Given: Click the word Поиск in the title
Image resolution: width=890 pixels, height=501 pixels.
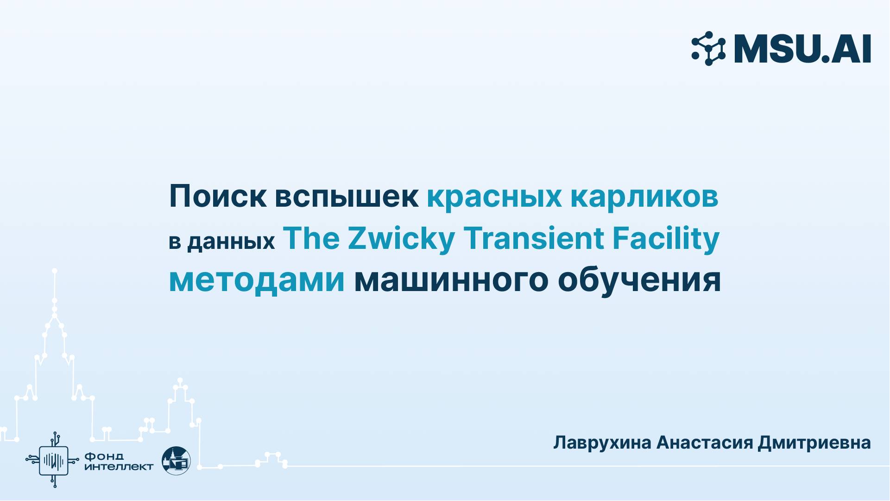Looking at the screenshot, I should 217,197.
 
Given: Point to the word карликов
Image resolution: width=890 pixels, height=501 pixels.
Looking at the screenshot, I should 644,197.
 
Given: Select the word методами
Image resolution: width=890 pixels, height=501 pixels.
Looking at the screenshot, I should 257,281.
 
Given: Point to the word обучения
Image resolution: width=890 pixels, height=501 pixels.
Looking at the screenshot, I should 639,281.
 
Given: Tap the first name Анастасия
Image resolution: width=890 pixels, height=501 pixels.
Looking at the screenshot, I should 705,443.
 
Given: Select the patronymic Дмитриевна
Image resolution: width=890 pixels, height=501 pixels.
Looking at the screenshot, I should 814,443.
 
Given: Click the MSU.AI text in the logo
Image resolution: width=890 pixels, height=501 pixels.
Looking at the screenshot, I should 802,49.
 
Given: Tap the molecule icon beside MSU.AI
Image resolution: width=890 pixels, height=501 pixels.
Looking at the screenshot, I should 708,49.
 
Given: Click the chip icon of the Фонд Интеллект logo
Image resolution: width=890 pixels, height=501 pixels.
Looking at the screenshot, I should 53,460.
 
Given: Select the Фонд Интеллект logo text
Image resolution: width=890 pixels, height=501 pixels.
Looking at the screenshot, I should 118,461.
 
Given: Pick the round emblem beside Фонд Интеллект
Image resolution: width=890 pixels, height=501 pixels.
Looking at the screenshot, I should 176,461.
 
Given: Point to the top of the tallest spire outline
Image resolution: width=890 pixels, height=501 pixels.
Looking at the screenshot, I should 55,271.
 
